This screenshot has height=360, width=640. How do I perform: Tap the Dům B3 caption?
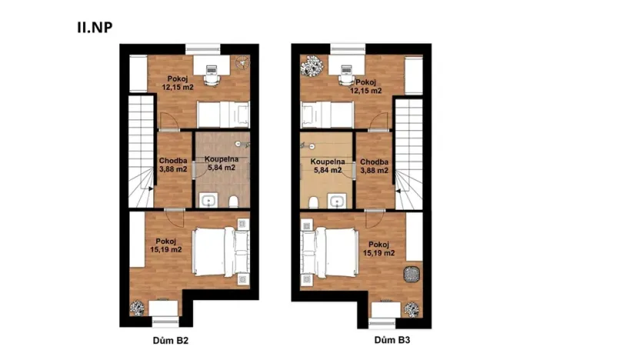tap(391, 339)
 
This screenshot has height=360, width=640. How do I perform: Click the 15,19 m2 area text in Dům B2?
tap(165, 249)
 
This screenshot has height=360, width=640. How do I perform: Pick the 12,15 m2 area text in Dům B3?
tap(366, 90)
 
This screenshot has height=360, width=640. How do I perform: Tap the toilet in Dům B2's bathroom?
tap(232, 202)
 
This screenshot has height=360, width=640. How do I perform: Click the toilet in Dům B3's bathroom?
tap(314, 202)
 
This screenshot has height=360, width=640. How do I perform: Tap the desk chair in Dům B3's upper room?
tap(346, 79)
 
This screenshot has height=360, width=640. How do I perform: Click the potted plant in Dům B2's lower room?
tap(137, 308)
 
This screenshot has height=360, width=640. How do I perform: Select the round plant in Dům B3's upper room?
tap(313, 65)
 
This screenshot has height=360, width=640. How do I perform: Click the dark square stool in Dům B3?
tap(412, 275)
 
